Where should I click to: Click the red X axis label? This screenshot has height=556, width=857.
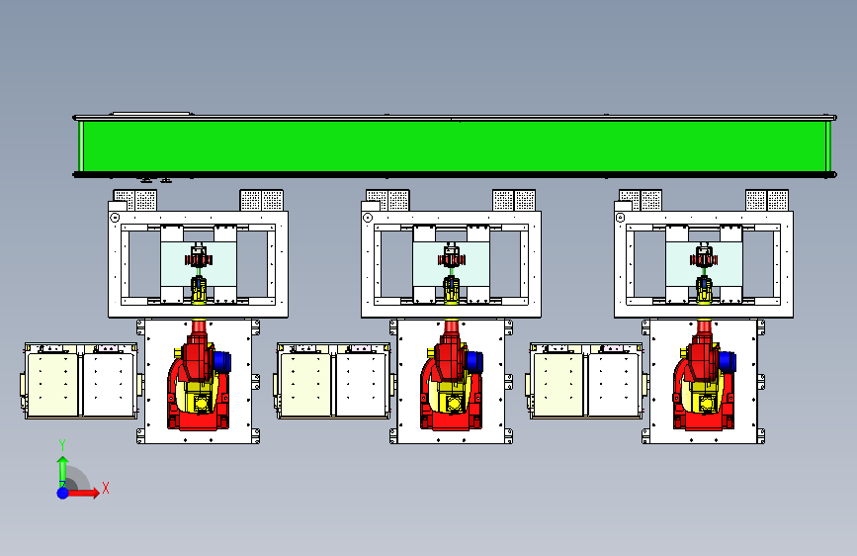(x=105, y=488)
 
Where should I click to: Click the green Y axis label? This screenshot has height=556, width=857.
(x=61, y=444)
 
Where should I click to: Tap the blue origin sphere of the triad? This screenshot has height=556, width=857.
(x=62, y=492)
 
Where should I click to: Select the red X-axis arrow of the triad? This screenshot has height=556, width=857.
(x=85, y=492)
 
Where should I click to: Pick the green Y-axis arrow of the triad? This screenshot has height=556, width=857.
(x=62, y=468)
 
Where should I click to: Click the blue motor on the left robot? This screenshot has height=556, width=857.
(x=223, y=362)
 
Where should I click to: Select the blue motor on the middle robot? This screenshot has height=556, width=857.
(x=476, y=362)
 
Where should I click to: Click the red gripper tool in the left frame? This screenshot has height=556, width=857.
(x=199, y=259)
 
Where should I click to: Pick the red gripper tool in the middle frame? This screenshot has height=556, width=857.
(x=452, y=259)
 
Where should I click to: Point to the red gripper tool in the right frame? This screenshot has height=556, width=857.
(x=705, y=259)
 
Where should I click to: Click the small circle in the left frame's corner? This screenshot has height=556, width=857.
(x=115, y=218)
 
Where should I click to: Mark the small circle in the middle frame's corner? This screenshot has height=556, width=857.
(x=368, y=218)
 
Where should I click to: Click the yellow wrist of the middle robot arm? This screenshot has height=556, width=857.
(x=452, y=288)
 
